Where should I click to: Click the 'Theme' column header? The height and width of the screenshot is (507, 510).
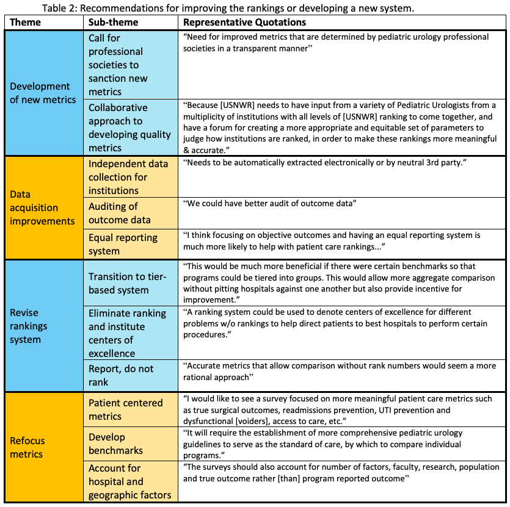(26, 23)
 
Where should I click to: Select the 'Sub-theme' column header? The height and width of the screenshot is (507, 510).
(113, 23)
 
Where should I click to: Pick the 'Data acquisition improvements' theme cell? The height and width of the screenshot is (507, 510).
(42, 207)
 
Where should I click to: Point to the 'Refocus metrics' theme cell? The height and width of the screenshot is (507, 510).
(27, 447)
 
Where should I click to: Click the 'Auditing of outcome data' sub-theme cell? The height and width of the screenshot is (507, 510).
(119, 213)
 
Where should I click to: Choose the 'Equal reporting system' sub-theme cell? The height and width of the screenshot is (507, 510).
(123, 244)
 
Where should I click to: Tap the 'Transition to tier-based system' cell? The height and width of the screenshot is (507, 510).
(126, 283)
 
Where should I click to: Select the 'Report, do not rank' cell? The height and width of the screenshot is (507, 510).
(121, 375)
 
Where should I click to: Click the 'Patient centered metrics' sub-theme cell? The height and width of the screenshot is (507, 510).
(125, 409)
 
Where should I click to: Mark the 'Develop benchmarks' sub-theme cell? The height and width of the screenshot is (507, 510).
(116, 444)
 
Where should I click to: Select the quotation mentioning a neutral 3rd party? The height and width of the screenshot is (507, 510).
(295, 163)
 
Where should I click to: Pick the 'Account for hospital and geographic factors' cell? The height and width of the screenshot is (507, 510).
(129, 481)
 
